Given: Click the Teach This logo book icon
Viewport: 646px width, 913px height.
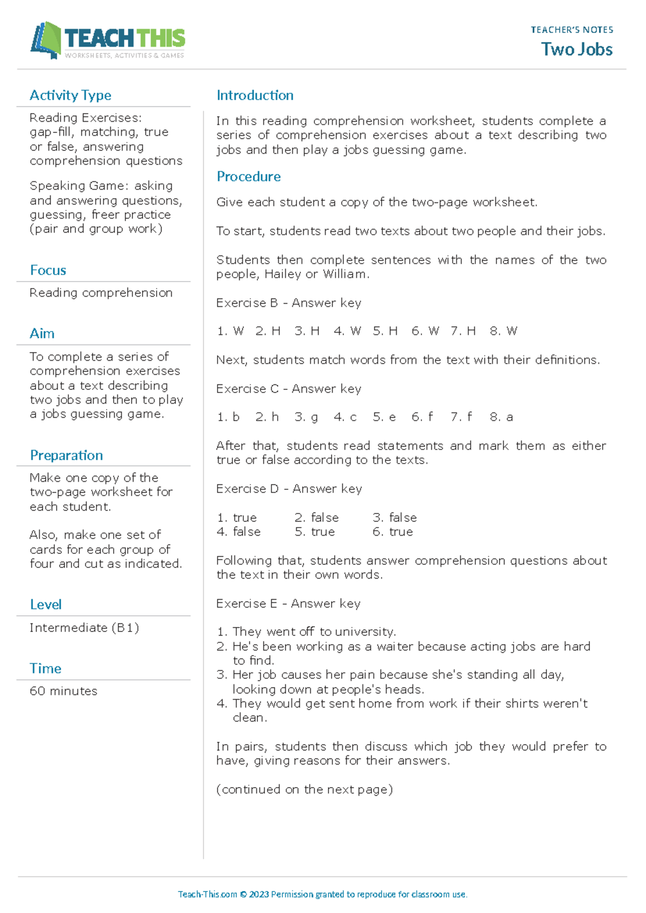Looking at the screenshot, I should click(x=45, y=40).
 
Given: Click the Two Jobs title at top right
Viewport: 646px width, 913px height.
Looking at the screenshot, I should click(x=577, y=50).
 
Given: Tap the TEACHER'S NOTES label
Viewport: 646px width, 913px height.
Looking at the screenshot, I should click(x=572, y=30).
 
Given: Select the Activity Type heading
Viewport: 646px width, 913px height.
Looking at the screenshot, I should click(x=71, y=95).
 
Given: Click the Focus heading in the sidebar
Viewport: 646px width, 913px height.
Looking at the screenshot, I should click(x=48, y=270).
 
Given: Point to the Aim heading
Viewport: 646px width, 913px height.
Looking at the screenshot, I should click(x=42, y=334).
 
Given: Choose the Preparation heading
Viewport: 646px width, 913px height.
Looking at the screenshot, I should click(x=66, y=455).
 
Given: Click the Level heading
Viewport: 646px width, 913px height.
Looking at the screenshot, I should click(x=46, y=605).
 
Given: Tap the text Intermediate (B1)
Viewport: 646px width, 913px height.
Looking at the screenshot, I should click(x=84, y=628).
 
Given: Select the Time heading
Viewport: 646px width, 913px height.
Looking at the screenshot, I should click(x=45, y=669).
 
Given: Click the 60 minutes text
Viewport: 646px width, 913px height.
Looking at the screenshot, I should click(x=64, y=691).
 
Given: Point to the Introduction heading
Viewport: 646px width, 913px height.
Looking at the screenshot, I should click(x=255, y=95).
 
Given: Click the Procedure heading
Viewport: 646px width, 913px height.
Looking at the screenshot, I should click(x=248, y=177).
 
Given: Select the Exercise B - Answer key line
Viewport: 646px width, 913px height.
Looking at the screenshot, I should click(x=289, y=303).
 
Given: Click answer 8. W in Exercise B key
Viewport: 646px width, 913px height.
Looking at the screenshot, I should click(x=503, y=331).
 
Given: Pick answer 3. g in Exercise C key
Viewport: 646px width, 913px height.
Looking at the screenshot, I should click(x=306, y=417).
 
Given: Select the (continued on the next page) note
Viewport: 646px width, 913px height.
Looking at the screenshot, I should click(x=304, y=790).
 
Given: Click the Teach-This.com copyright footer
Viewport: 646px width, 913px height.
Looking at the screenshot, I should click(x=322, y=894).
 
